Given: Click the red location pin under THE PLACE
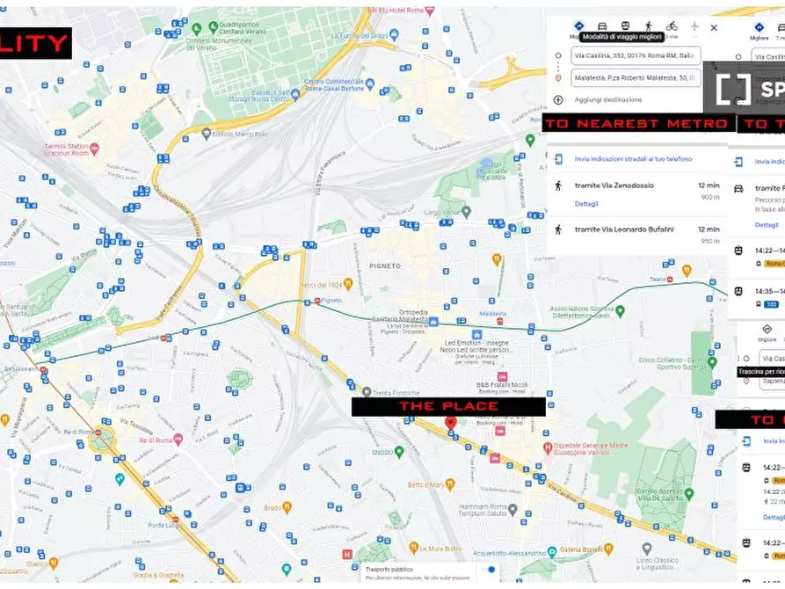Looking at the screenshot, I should [x=450, y=423].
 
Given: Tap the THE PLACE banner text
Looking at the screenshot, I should [x=448, y=406].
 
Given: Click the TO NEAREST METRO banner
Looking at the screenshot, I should [x=638, y=124].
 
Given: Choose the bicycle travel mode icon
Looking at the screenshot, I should [x=672, y=26].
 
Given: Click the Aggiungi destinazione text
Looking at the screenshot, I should [x=608, y=100].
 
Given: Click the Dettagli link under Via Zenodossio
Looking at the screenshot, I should [x=586, y=204].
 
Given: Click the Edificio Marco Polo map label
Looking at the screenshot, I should [x=239, y=135].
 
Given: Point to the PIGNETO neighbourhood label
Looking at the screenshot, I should [x=385, y=265].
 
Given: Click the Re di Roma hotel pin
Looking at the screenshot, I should [x=178, y=439].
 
